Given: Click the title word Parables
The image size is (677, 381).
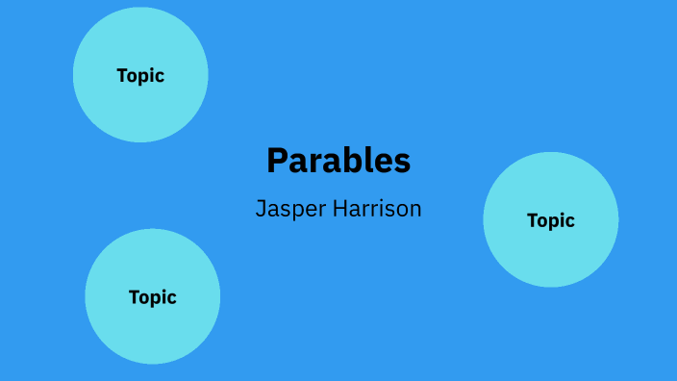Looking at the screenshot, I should coord(338,161).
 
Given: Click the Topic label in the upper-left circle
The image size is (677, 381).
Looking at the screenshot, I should coord(140,76).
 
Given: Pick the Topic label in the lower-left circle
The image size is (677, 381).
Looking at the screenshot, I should coord(153,297).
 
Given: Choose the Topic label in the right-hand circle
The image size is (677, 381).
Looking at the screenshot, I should coord(551,220).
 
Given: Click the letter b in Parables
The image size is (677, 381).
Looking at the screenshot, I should coord(339,161).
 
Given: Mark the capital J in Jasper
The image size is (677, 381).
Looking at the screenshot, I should coord(261,208).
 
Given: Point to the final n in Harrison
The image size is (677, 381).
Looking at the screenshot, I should coord(415,210).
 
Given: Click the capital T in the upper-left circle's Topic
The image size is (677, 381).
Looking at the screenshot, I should coord(122,76).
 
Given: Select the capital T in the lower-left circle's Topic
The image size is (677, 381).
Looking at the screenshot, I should coord(135,297).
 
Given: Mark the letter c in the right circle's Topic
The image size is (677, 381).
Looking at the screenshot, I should coord(570,222).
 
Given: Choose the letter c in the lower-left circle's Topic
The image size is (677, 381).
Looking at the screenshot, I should coord(172,299).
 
